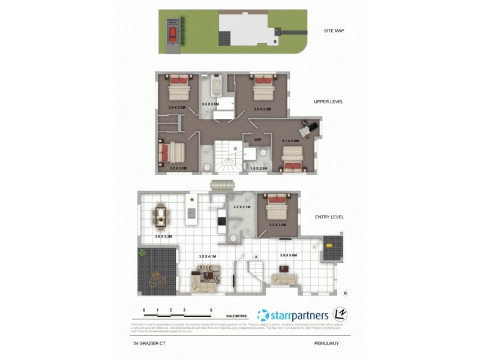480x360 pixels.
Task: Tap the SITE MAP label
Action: point(333,31)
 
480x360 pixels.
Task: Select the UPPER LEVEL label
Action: point(328,102)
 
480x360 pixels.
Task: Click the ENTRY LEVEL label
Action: point(329,217)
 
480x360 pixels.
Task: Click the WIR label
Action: point(258,140)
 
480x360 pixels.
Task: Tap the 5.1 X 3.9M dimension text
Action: point(290,140)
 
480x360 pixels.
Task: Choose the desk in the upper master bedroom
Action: point(308,127)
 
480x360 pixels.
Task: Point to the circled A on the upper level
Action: point(236,148)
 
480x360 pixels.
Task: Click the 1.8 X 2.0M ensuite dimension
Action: point(258,169)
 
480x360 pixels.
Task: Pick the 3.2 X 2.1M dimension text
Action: point(242,207)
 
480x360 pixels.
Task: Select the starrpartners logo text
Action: point(298,315)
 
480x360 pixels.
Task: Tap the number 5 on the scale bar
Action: point(211,310)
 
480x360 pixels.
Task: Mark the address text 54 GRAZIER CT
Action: point(150,344)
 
